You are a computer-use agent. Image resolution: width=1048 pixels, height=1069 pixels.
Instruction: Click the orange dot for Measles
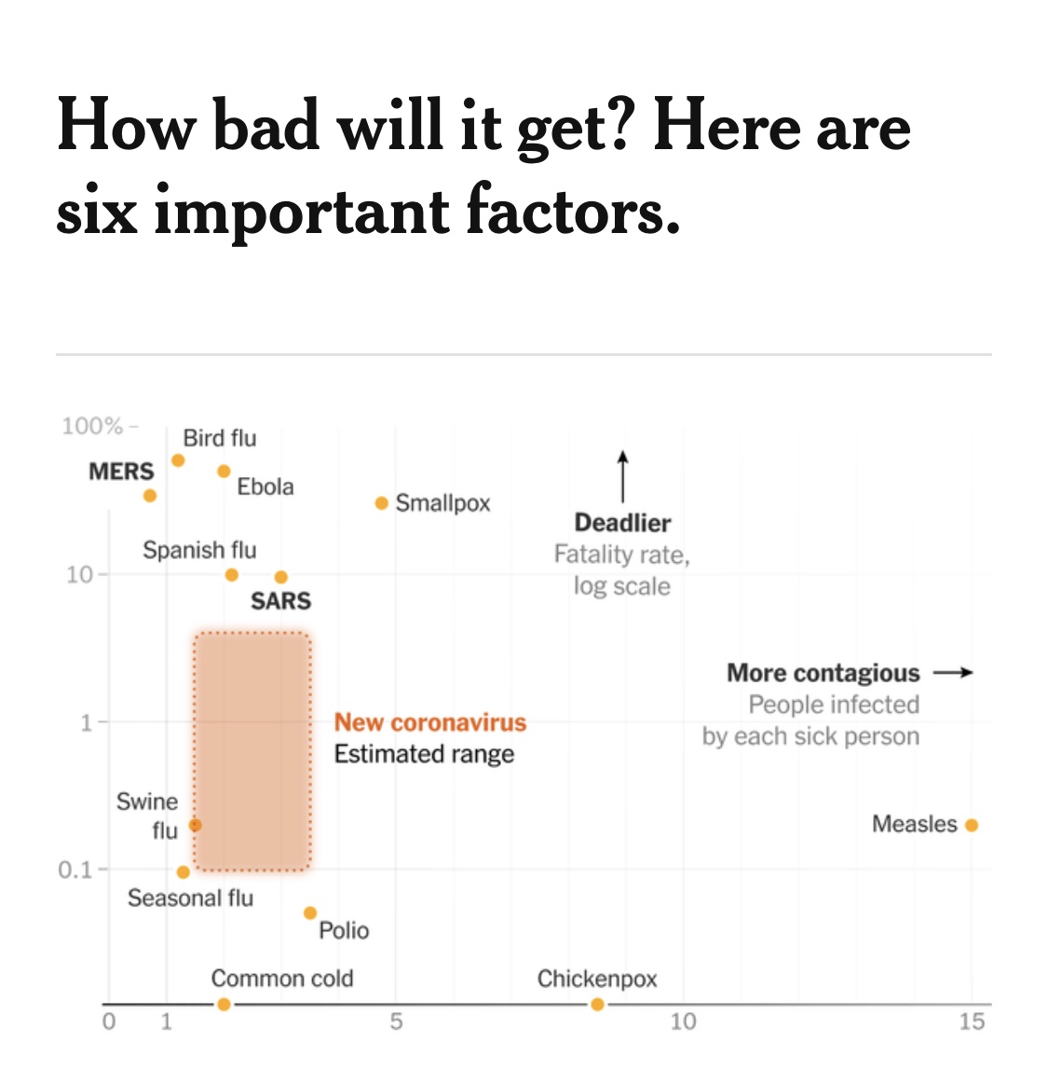click(x=972, y=825)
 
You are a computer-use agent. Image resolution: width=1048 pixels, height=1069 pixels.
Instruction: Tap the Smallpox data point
click(x=381, y=503)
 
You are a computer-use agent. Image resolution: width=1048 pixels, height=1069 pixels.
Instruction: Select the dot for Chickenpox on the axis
click(x=597, y=1004)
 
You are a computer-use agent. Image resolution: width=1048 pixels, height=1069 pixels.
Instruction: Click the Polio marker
click(x=310, y=913)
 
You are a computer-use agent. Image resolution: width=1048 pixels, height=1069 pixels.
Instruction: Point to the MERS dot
click(x=150, y=496)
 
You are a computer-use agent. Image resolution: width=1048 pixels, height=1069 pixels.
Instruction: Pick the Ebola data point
click(x=224, y=472)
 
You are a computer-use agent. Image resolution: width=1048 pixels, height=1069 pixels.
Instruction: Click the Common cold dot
click(x=224, y=1004)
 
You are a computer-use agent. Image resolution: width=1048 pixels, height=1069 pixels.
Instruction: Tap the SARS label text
click(x=280, y=601)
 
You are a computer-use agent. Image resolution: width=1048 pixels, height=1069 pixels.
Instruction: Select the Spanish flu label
click(x=199, y=550)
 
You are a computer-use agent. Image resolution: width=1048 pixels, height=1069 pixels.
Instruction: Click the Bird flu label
click(x=219, y=438)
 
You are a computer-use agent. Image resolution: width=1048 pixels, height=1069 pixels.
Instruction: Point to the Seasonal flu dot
click(x=184, y=872)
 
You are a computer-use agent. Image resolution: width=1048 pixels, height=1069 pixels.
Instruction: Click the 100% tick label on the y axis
click(x=92, y=426)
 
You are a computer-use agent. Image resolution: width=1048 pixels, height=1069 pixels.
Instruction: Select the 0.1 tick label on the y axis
click(x=75, y=870)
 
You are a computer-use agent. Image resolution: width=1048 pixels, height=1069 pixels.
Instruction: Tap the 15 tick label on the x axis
click(x=972, y=1022)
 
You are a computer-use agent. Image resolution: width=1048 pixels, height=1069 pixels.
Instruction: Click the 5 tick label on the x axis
click(x=396, y=1022)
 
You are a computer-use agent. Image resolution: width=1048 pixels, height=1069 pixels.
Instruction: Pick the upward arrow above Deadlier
click(x=622, y=476)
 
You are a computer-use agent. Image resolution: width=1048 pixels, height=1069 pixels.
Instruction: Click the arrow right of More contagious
click(x=953, y=672)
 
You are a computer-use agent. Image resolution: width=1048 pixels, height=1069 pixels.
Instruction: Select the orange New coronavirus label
click(x=430, y=722)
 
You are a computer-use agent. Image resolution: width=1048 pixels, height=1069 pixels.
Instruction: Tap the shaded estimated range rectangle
click(x=252, y=750)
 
